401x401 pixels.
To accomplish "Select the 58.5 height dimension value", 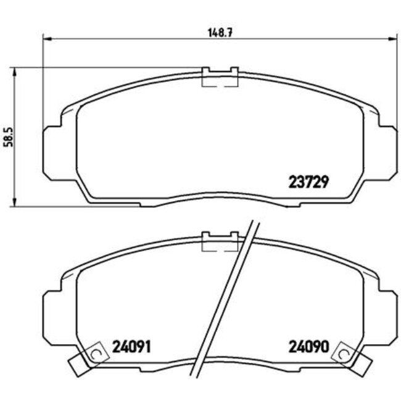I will [x=7, y=136].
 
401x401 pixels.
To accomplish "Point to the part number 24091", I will [x=131, y=346].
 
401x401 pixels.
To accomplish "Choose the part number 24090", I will [x=307, y=346].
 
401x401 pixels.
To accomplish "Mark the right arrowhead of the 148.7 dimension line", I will [x=392, y=38].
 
